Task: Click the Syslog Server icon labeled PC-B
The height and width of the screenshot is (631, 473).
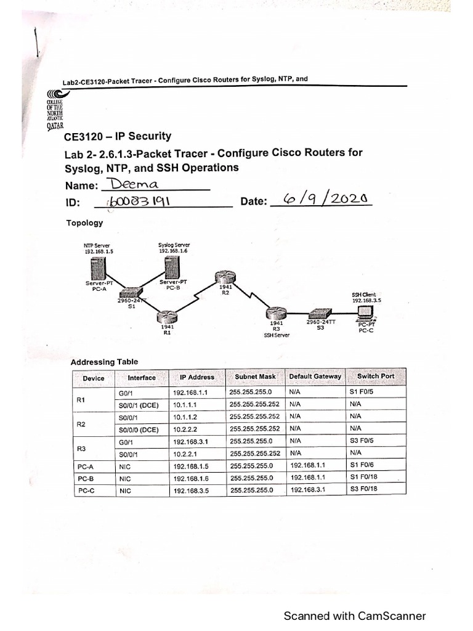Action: click(x=172, y=268)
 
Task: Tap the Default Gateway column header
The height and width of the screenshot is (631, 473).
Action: click(x=314, y=377)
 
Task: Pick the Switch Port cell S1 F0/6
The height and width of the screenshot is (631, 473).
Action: click(x=362, y=465)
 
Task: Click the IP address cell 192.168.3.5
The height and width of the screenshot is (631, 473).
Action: click(x=191, y=491)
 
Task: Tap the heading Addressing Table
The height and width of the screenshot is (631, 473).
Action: click(x=105, y=362)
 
